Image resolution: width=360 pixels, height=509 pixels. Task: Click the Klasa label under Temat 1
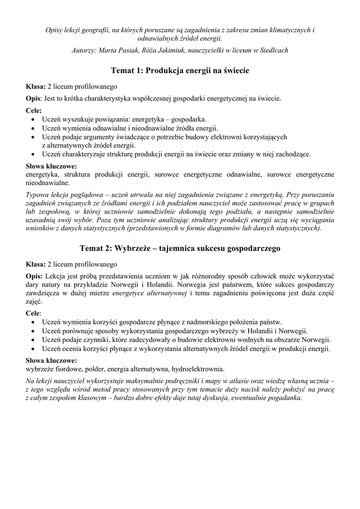[x=35, y=86]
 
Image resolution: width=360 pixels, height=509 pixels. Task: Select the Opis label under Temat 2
[x=34, y=275]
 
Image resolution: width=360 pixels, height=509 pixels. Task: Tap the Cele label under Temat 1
[x=33, y=111]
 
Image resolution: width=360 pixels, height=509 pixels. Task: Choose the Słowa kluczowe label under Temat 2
[x=51, y=360]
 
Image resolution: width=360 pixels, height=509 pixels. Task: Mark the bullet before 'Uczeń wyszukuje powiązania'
[x=33, y=120]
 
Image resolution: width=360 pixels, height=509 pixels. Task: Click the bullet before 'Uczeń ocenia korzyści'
[x=33, y=349]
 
